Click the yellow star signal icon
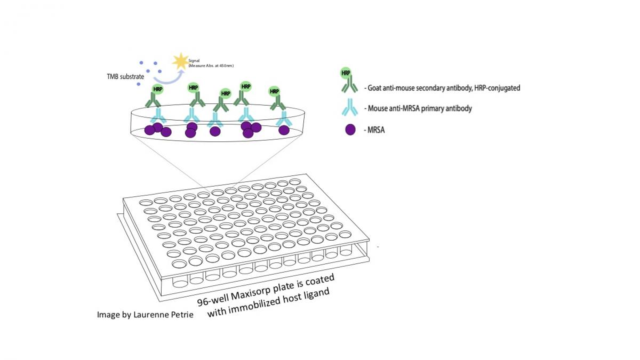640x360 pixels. pyautogui.click(x=180, y=62)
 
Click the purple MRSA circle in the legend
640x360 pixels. pyautogui.click(x=350, y=129)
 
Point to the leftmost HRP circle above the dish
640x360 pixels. pyautogui.click(x=158, y=89)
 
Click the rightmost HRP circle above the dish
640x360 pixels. pyautogui.click(x=275, y=91)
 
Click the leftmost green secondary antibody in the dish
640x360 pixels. pyautogui.click(x=154, y=100)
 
